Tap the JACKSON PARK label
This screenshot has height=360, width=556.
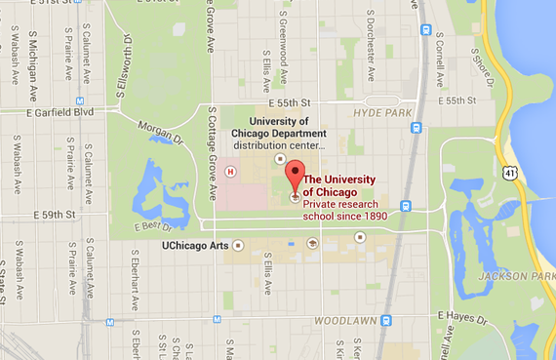pos(518,277)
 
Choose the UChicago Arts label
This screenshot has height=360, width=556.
pos(193,245)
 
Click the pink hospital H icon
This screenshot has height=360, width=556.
pos(231,171)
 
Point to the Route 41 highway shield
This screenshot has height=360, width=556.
pos(510,172)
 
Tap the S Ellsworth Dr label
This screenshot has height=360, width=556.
pos(125,60)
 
